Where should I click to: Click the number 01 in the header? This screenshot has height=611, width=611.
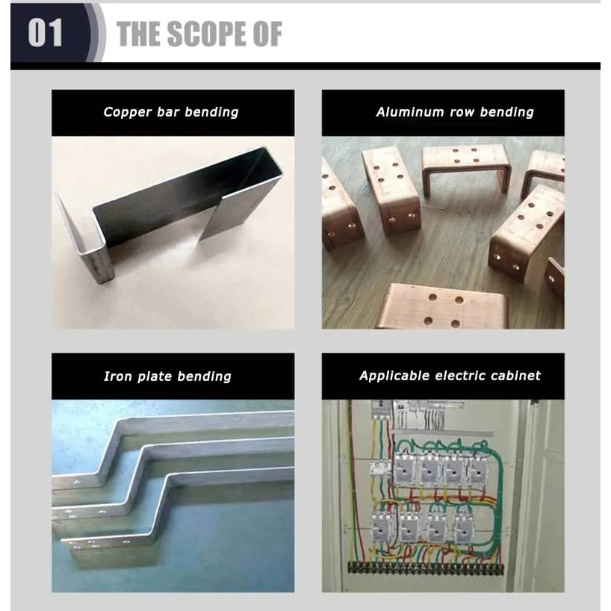46,33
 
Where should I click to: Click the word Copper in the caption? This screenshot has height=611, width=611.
127,112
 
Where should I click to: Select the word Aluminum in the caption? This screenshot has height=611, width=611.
410,112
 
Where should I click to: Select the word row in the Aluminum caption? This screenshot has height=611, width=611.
462,113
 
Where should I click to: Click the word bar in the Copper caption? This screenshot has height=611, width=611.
168,112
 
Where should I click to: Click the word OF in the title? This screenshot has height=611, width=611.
267,34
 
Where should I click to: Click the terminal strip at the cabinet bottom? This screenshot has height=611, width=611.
426,568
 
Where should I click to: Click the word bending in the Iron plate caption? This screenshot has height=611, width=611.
204,376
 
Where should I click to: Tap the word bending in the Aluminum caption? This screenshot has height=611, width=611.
507,113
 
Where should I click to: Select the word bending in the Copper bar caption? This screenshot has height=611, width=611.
211,112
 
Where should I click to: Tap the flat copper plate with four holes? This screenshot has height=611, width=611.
443,308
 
